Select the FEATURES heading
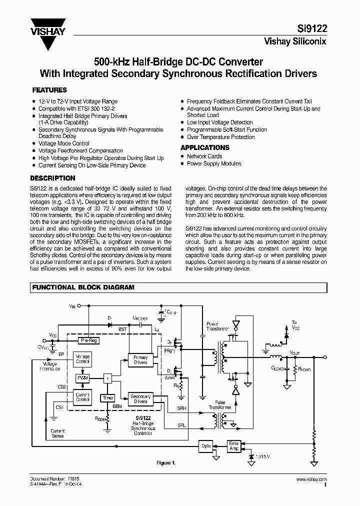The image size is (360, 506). point(49,90)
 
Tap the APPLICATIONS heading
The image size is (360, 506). point(205,147)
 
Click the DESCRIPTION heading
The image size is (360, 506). point(53,178)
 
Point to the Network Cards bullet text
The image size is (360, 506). point(204,156)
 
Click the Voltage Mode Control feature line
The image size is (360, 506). point(64,143)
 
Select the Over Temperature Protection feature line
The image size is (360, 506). point(220,137)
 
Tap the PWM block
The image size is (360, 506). point(82,378)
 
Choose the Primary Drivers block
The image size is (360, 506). point(140,360)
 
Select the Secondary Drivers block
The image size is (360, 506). point(140,398)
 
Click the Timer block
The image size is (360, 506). point(108,398)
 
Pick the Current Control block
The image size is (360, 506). point(82,397)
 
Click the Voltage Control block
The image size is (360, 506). point(82,358)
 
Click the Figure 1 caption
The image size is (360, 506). point(166,463)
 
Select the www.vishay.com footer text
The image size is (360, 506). point(313,479)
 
